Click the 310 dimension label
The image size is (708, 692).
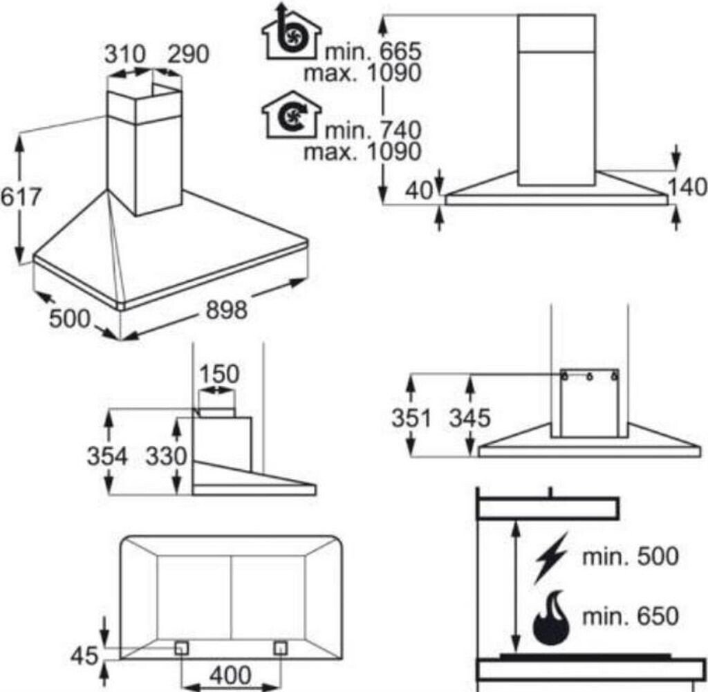click(124, 54)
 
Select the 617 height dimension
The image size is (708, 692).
click(21, 198)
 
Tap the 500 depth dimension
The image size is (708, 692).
click(70, 319)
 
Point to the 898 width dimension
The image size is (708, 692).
click(226, 311)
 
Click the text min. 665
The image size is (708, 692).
click(374, 50)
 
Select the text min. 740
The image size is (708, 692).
click(374, 129)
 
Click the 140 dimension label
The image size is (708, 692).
click(687, 187)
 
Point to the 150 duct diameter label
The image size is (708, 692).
click(219, 375)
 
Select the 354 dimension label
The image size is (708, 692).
click(107, 456)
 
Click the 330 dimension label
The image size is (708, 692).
click(167, 456)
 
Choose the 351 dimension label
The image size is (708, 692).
click(411, 418)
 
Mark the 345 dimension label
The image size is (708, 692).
click(469, 418)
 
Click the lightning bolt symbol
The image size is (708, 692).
click(551, 557)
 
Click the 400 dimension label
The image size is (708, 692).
click(231, 675)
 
